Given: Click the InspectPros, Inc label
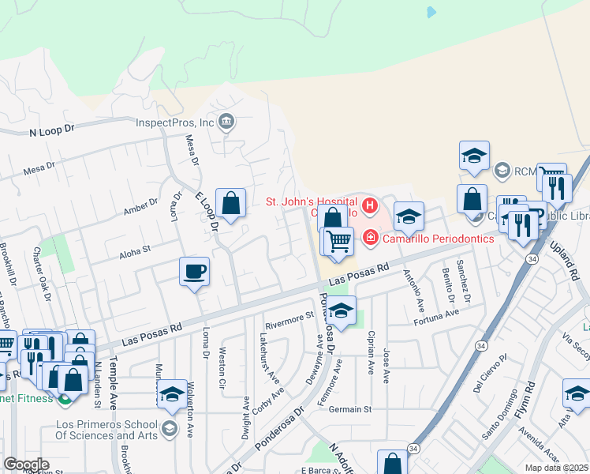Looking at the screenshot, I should coord(175,122).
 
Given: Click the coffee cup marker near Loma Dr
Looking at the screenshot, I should coord(194,273).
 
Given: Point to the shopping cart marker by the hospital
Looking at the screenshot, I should coord(339,242).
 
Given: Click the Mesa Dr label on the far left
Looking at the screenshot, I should coord(39,167).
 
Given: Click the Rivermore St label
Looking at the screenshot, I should coord(289,320).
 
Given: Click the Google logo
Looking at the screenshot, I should coord(26,464).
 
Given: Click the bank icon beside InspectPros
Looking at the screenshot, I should coord(226,122).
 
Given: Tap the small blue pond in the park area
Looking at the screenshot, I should coord(431,13).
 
